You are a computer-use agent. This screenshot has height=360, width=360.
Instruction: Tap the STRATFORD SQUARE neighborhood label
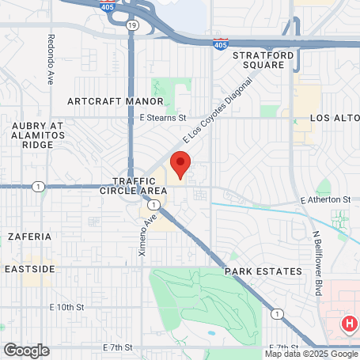[x=263, y=60]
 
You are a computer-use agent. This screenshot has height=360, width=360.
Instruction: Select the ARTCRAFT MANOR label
[x=116, y=101]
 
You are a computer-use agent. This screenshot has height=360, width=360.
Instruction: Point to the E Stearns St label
[x=162, y=118]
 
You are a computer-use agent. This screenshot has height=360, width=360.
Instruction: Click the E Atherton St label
[x=325, y=200]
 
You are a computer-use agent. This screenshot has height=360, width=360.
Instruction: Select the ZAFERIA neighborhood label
[x=29, y=236]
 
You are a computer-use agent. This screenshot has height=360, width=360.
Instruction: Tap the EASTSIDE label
[x=29, y=269]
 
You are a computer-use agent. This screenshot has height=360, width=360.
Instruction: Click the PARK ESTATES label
[x=263, y=271]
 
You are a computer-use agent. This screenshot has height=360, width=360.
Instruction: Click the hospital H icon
[x=349, y=323]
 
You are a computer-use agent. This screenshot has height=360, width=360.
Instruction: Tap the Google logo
[x=25, y=350]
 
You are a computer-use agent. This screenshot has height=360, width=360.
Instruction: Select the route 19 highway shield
[x=131, y=25]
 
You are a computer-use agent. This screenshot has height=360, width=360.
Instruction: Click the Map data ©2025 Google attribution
[x=311, y=354]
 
